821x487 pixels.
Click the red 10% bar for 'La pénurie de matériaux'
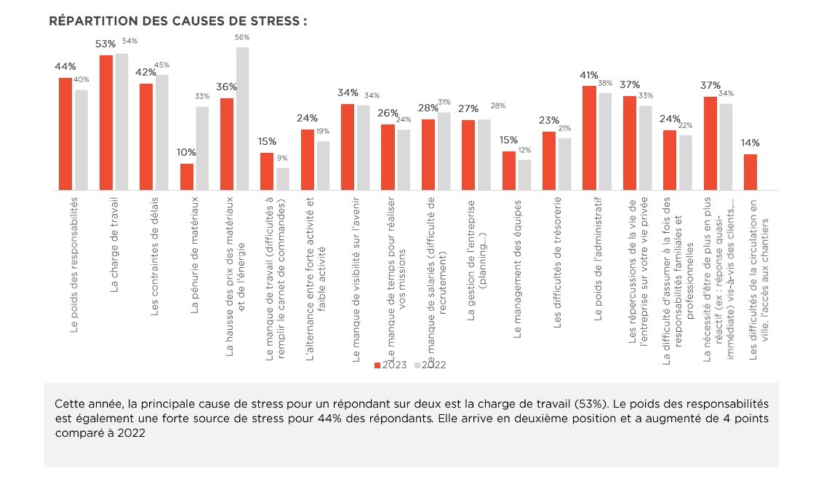click(x=187, y=176)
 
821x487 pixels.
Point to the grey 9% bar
click(x=282, y=178)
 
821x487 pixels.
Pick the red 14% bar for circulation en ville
click(x=750, y=172)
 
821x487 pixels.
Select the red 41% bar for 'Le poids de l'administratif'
click(x=589, y=138)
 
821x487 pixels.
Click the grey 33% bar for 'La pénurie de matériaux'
click(x=201, y=148)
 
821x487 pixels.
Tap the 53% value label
click(x=106, y=44)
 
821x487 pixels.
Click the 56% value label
click(x=242, y=37)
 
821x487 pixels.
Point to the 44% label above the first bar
click(x=65, y=66)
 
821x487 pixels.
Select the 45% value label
click(x=161, y=65)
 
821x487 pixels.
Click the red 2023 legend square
click(x=377, y=365)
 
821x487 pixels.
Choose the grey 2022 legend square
click(x=417, y=365)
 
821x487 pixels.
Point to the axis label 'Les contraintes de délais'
click(x=154, y=266)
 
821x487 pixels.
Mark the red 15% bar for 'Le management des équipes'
click(x=508, y=170)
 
